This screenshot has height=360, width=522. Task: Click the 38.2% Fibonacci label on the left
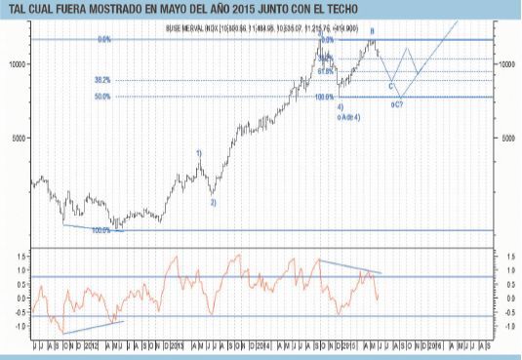pos(101,80)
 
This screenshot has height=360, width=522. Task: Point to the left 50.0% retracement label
pos(101,97)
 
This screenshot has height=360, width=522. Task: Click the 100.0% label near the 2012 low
pos(100,231)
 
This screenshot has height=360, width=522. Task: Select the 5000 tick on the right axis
pos(506,139)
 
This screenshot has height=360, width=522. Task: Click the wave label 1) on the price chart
pos(199,153)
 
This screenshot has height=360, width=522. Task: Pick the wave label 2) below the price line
pos(214,202)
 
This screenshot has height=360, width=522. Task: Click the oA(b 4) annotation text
pos(349,117)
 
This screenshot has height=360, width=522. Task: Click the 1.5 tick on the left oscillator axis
pos(19,257)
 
